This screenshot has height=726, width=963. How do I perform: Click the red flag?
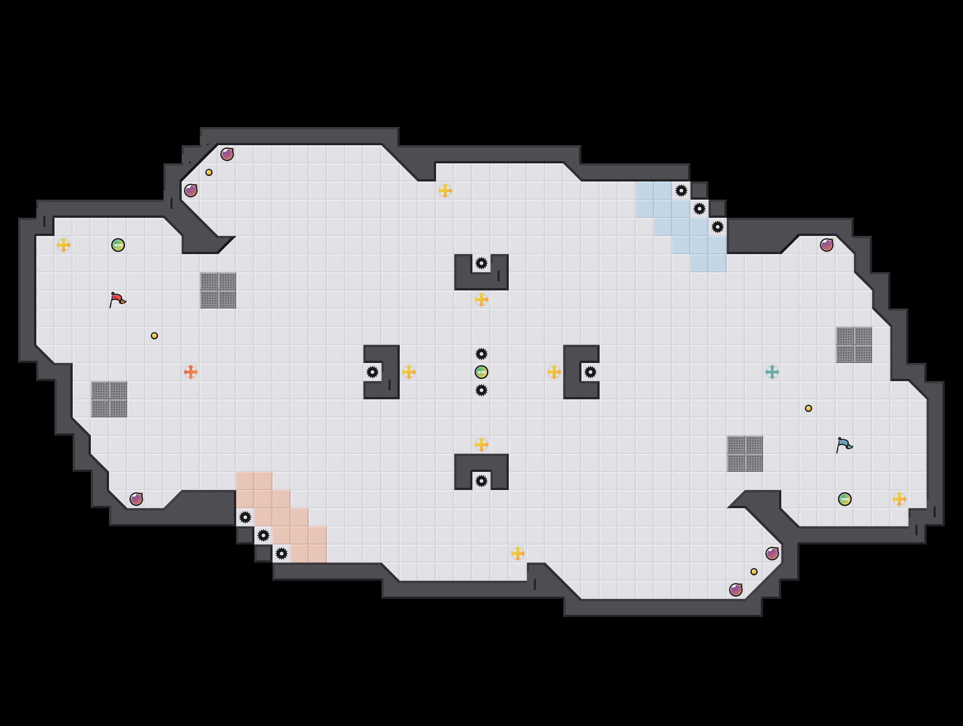(x=117, y=299)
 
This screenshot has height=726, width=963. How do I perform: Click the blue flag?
(x=844, y=445)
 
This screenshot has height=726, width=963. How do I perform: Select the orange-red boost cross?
(x=191, y=372)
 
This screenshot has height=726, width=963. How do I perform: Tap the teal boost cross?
(x=772, y=372)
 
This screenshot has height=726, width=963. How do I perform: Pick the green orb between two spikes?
(x=481, y=372)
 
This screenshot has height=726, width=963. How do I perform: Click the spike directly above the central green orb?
(x=481, y=354)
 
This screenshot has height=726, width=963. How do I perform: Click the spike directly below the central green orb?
(x=481, y=390)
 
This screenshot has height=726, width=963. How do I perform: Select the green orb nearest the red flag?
(x=118, y=245)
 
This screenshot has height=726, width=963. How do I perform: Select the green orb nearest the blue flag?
(x=845, y=499)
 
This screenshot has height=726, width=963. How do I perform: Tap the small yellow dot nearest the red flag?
(x=154, y=336)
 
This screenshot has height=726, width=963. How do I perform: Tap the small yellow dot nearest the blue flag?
(x=809, y=408)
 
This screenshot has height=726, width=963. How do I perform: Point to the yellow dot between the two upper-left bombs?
(x=209, y=172)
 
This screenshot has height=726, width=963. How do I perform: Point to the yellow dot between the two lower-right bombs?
(x=754, y=572)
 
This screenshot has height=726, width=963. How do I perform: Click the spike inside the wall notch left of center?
(x=372, y=372)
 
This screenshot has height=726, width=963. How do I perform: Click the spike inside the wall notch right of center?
(x=591, y=372)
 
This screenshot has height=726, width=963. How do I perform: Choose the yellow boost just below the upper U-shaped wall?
(x=481, y=299)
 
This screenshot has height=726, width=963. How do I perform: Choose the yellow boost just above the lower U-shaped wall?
(x=481, y=445)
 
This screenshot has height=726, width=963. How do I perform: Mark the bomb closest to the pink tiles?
(x=136, y=499)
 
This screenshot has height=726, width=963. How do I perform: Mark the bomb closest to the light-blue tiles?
(x=827, y=245)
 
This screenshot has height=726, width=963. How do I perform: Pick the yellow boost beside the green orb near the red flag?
(x=64, y=245)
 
